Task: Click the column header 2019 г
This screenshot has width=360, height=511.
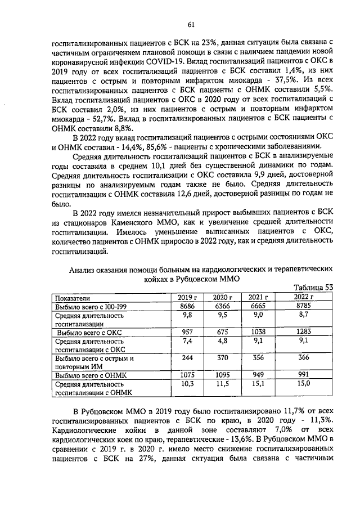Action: click(187, 297)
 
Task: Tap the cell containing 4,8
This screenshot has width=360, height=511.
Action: click(219, 340)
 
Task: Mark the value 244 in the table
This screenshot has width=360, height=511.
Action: click(187, 358)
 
